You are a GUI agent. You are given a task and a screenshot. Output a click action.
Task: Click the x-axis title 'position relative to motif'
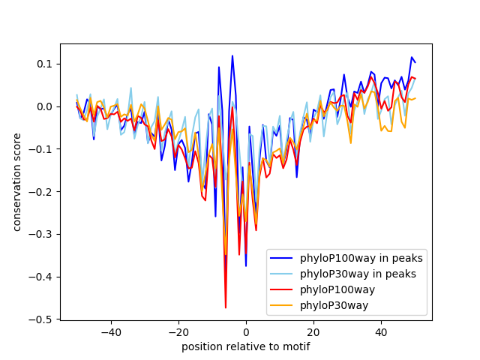tap(245, 346)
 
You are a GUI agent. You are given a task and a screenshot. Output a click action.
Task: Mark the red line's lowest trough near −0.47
tap(226, 307)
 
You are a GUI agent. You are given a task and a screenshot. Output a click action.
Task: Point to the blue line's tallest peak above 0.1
tap(232, 55)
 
